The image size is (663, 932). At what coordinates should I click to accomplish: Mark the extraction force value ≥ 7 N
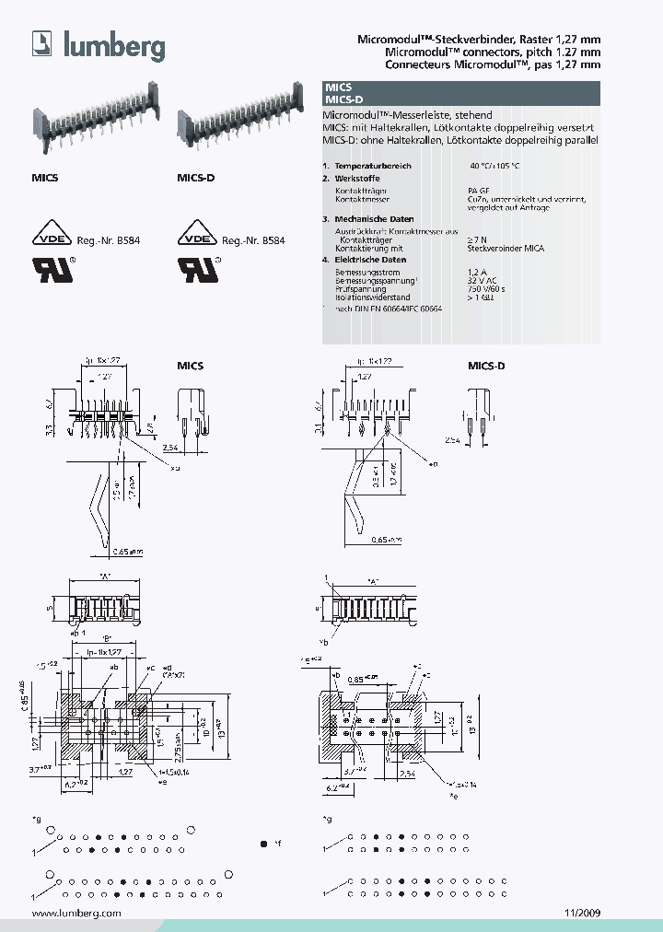pos(479,239)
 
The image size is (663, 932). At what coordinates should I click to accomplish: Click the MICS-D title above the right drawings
pos(486,366)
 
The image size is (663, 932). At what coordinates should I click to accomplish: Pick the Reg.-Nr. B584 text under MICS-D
pos(253,239)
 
